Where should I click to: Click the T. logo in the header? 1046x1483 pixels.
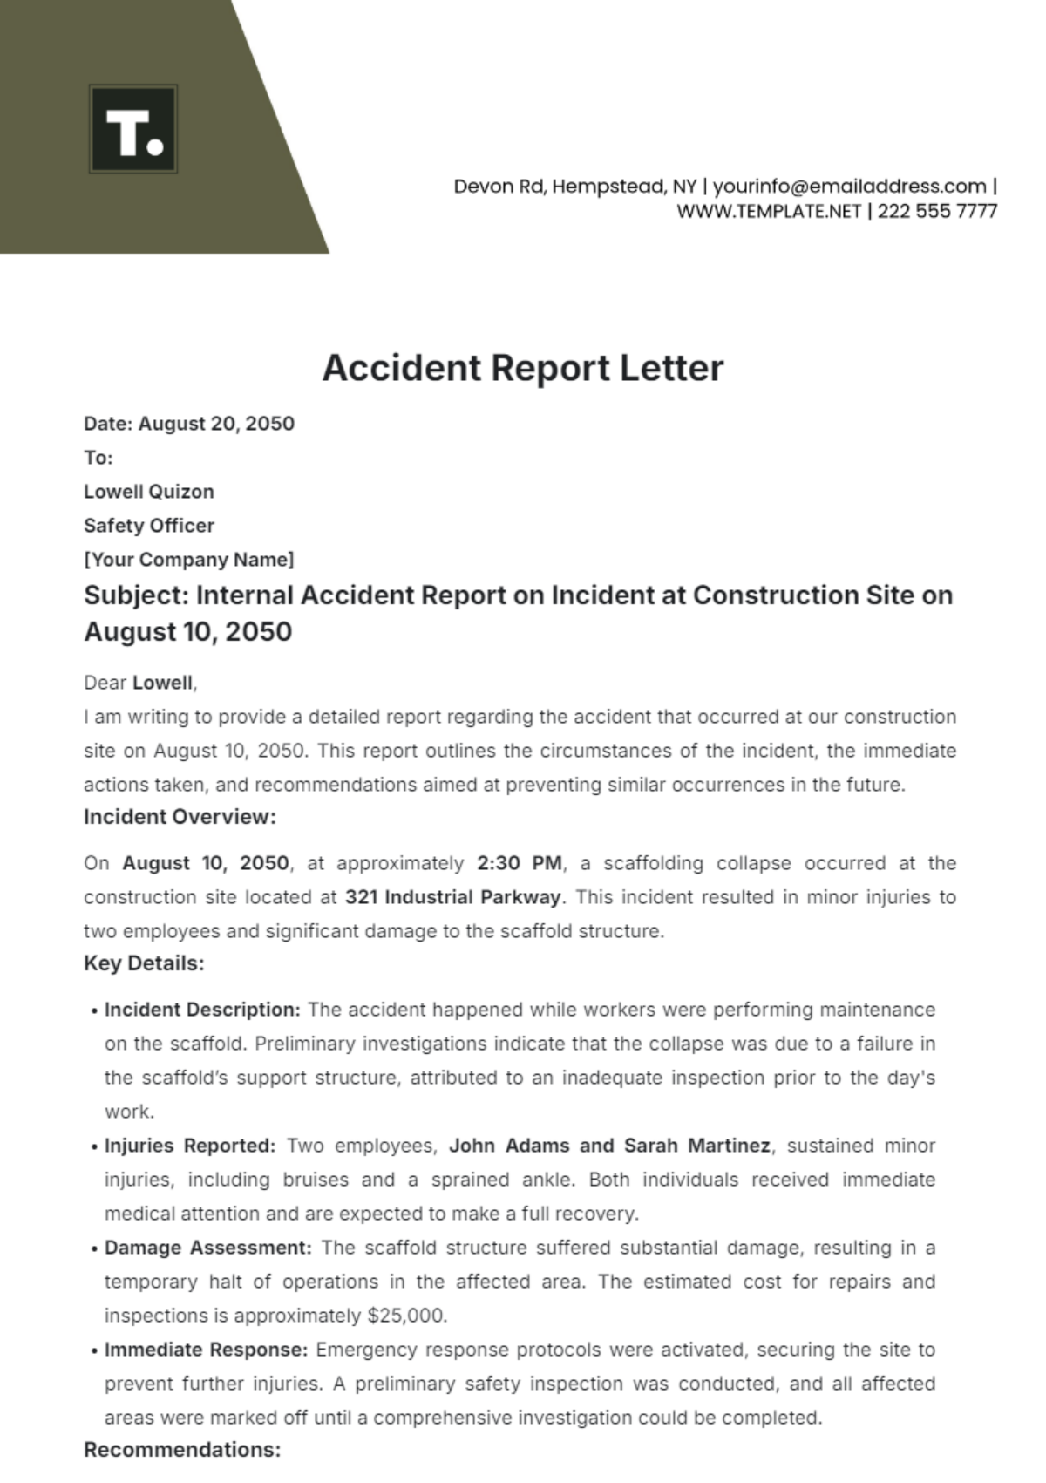point(133,129)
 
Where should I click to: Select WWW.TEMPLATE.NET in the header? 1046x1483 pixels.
point(769,211)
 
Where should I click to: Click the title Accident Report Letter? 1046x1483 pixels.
point(523,368)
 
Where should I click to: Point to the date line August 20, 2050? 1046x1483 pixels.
point(189,424)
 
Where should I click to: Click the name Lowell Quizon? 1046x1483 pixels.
point(149,492)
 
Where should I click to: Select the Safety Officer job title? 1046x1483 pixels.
point(149,526)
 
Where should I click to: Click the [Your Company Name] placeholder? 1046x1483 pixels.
point(189,560)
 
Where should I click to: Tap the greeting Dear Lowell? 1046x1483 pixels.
point(139,683)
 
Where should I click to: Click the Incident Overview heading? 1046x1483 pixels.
point(180,817)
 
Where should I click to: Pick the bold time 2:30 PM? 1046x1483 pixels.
point(520,863)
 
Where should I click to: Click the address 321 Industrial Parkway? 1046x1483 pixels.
point(453,897)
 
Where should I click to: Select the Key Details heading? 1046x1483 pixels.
point(144,963)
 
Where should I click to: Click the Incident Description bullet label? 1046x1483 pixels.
point(202,1010)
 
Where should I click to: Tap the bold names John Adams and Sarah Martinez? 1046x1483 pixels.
point(609,1146)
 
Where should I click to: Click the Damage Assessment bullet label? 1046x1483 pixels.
point(207,1248)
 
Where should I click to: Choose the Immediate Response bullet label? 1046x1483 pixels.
point(206,1350)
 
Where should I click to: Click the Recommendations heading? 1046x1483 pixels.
point(182,1450)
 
